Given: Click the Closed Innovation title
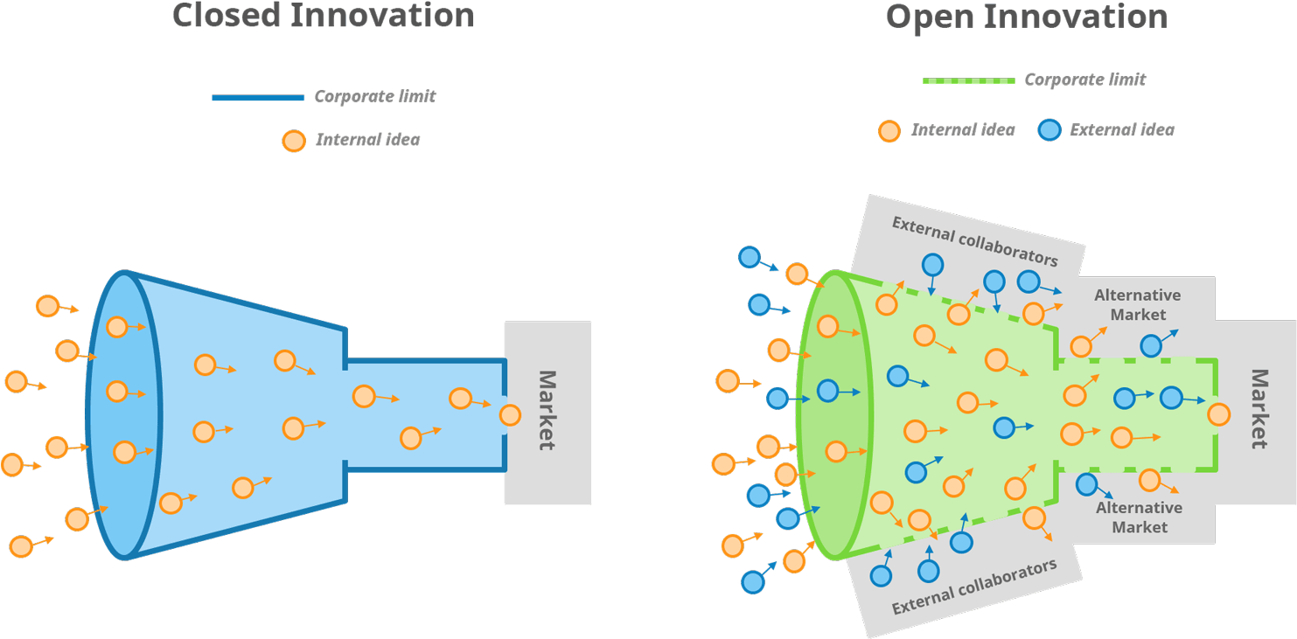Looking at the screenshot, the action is pyautogui.click(x=323, y=15).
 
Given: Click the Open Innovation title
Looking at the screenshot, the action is pyautogui.click(x=1027, y=17).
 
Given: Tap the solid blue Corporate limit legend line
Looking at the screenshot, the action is pyautogui.click(x=258, y=97).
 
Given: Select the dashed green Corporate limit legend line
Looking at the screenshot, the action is pyautogui.click(x=969, y=80).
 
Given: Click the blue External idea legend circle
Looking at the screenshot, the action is pyautogui.click(x=1049, y=130).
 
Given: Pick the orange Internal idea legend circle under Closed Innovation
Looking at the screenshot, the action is pyautogui.click(x=294, y=141).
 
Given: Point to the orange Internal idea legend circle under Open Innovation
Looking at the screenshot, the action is pyautogui.click(x=889, y=131).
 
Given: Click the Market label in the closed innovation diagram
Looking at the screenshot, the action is pyautogui.click(x=547, y=410).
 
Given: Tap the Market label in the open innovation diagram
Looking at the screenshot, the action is pyautogui.click(x=1259, y=408).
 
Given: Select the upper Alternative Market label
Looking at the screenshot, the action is pyautogui.click(x=1137, y=305).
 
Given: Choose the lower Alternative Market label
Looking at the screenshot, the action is pyautogui.click(x=1139, y=517).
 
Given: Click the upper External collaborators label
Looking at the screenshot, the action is pyautogui.click(x=975, y=241).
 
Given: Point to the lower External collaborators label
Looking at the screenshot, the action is pyautogui.click(x=974, y=587).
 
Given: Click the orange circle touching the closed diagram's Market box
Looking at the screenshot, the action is pyautogui.click(x=510, y=415).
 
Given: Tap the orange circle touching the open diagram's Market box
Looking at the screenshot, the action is pyautogui.click(x=1219, y=414).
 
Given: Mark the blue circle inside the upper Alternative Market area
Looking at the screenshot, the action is pyautogui.click(x=1151, y=346).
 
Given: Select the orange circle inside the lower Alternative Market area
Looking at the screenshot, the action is pyautogui.click(x=1149, y=481).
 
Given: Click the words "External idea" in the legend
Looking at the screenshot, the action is pyautogui.click(x=1122, y=129).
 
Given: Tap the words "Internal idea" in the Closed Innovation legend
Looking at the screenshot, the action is pyautogui.click(x=367, y=140).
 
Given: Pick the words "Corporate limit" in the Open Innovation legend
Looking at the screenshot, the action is pyautogui.click(x=1085, y=80).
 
